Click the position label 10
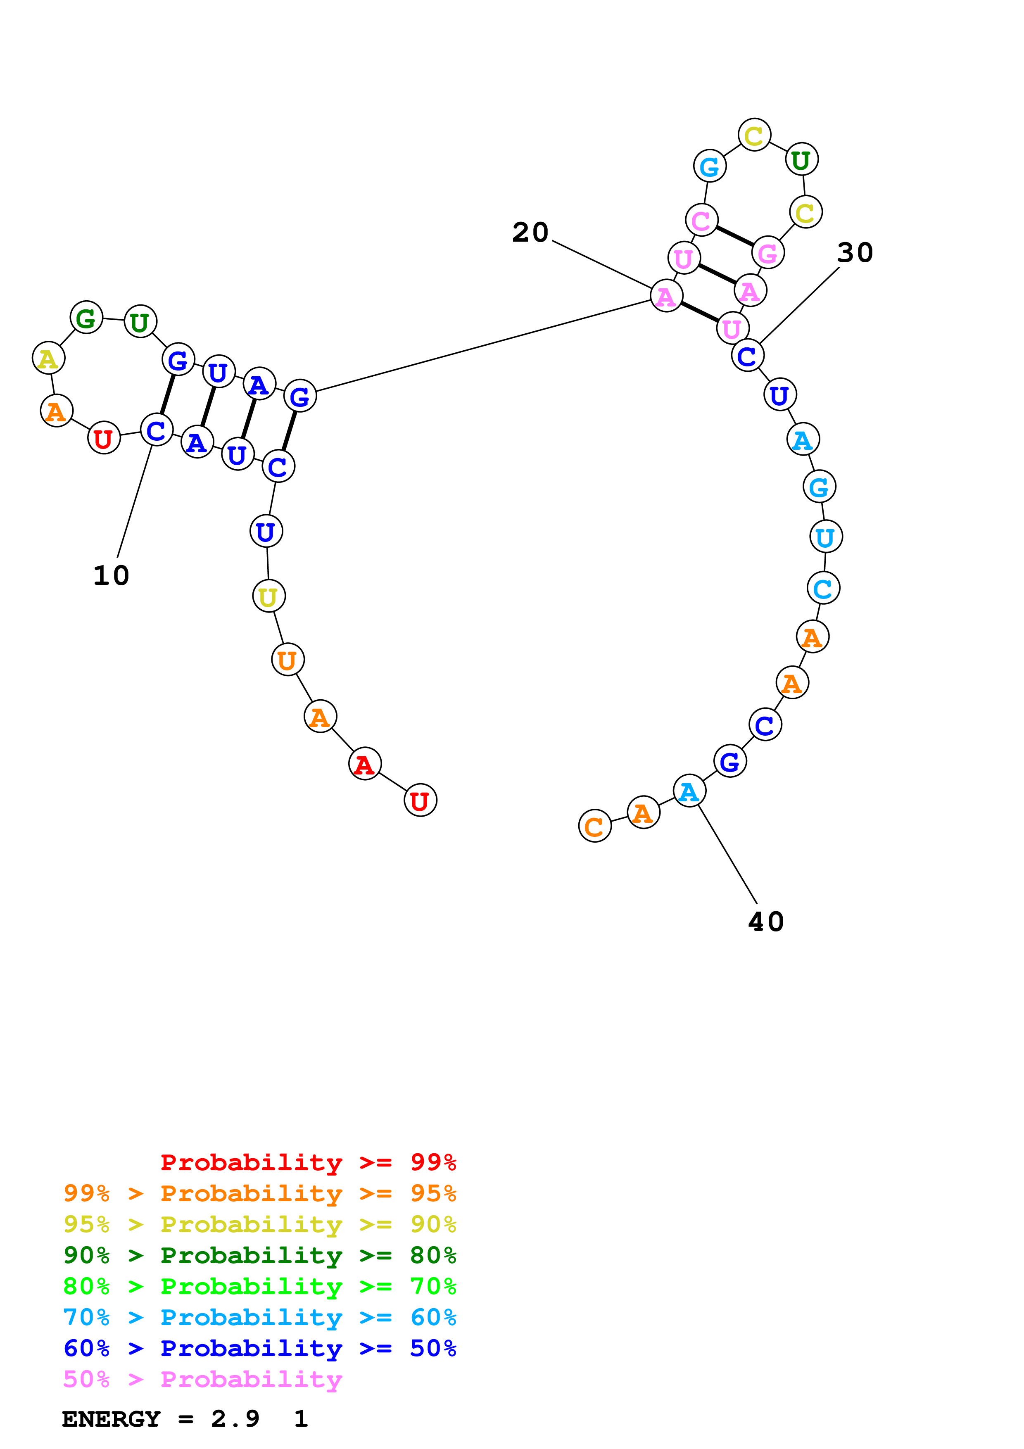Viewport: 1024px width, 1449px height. [x=111, y=575]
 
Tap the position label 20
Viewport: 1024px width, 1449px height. [x=530, y=232]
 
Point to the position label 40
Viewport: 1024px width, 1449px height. [x=766, y=922]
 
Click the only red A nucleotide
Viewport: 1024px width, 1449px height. [x=365, y=764]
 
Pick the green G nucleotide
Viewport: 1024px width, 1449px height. [x=86, y=318]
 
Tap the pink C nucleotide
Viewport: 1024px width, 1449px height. [x=701, y=220]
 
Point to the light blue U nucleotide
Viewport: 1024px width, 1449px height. [x=826, y=537]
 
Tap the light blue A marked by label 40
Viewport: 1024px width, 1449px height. [x=689, y=791]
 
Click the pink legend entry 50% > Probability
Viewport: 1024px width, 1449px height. [x=202, y=1380]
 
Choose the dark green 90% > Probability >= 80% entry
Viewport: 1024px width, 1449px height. [x=259, y=1255]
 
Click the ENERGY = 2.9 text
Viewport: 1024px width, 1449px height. [x=161, y=1419]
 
